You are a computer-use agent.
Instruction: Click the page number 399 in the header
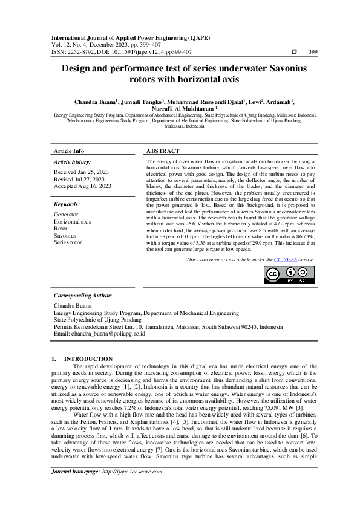click(x=313, y=52)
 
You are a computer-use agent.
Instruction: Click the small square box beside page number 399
click(x=295, y=52)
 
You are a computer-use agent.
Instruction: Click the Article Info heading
click(x=69, y=151)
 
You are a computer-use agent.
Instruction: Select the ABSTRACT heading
click(x=163, y=151)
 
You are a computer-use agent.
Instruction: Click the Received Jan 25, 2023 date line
click(x=81, y=172)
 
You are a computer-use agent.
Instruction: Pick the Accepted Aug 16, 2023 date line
click(x=82, y=187)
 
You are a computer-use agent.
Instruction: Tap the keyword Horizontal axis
click(x=73, y=222)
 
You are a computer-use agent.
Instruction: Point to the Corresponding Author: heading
click(x=83, y=296)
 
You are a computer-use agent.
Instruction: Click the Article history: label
click(x=72, y=162)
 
